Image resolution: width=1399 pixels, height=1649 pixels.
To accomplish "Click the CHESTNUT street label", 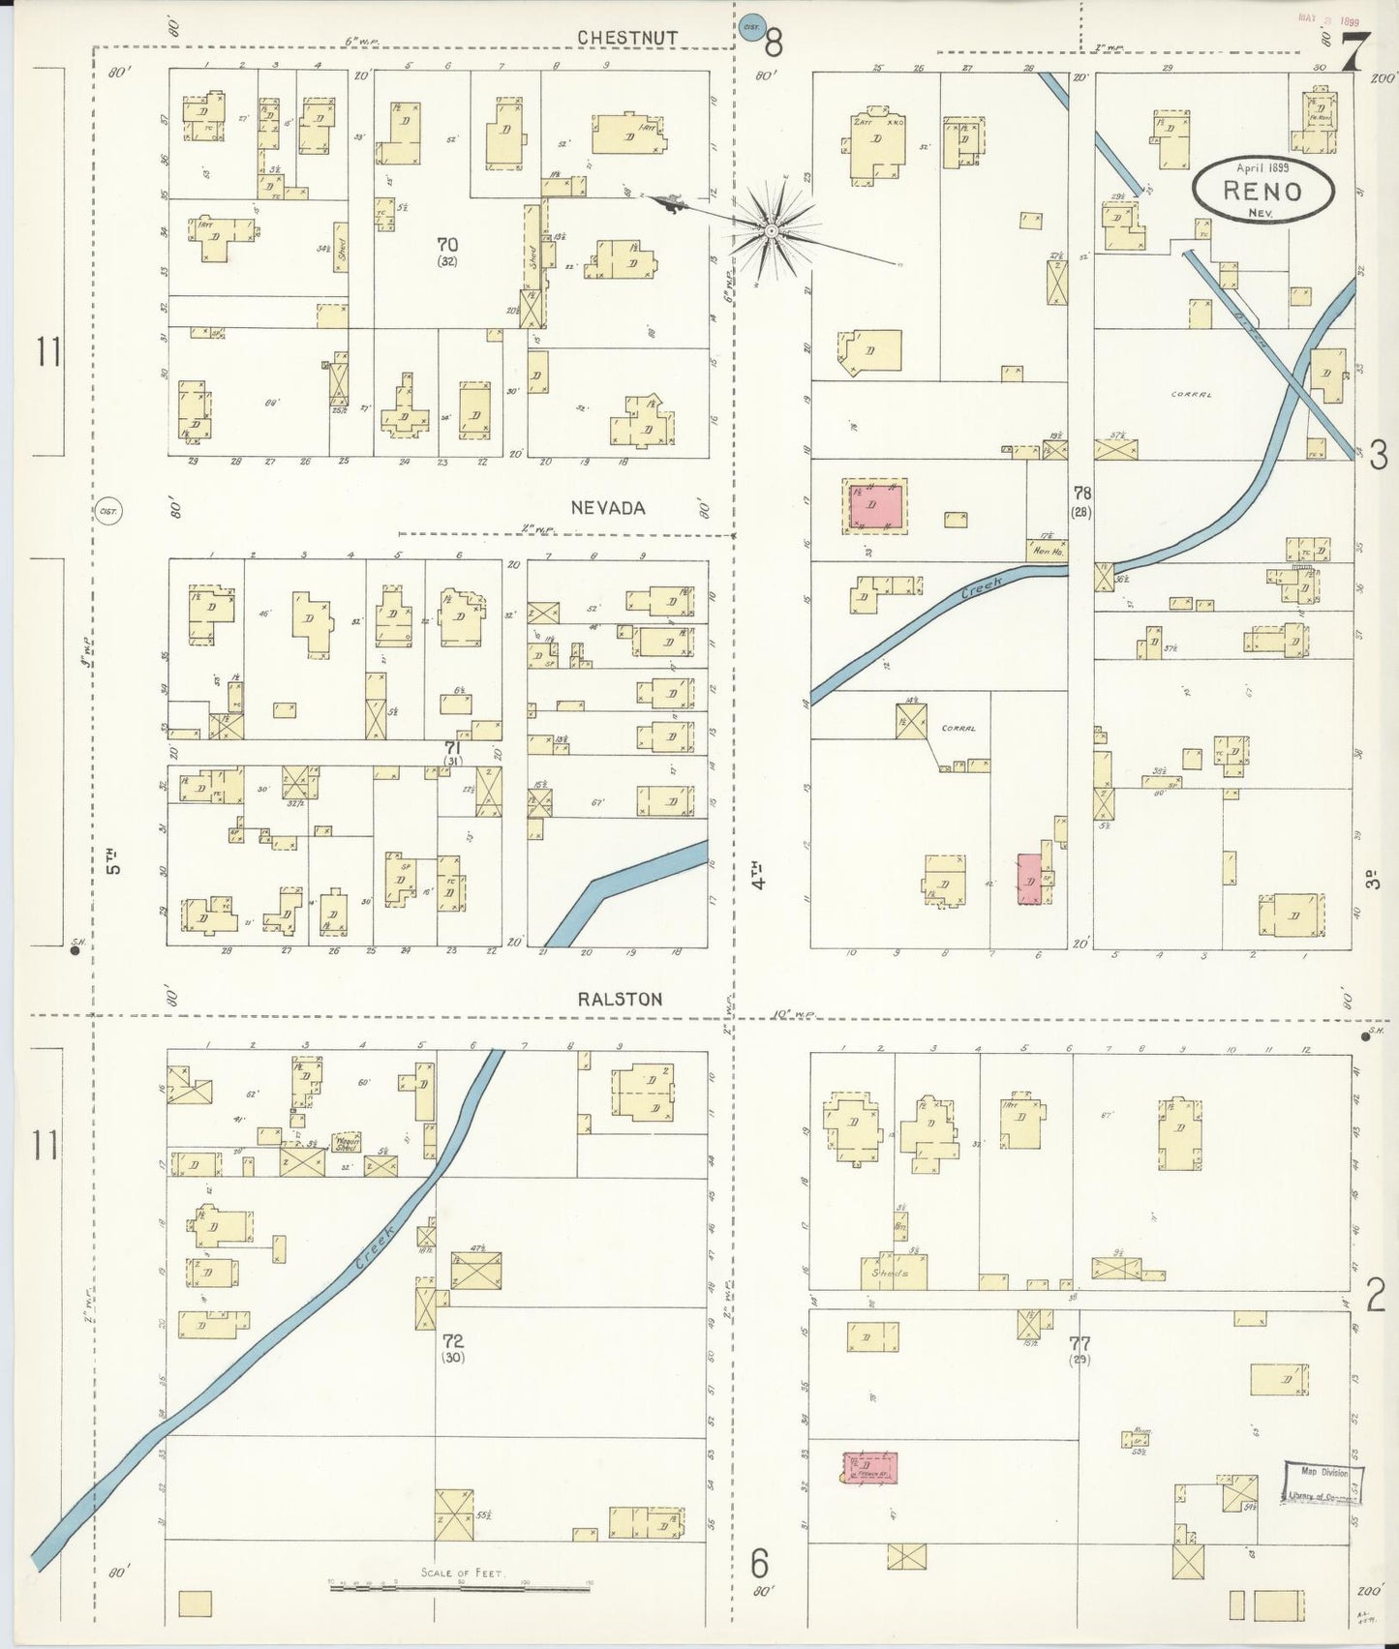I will (x=627, y=37).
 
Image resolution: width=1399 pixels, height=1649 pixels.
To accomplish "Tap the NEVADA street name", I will (x=607, y=507).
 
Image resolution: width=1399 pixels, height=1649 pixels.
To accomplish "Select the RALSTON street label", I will (x=620, y=999).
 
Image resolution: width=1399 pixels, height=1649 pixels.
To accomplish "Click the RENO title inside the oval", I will (x=1262, y=190).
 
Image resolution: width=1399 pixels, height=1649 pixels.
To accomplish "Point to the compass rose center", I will (x=771, y=231).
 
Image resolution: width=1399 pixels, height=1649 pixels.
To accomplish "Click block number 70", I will (x=446, y=245).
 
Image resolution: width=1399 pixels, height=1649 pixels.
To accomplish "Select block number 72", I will (x=452, y=1341).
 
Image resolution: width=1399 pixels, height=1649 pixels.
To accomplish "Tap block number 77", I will (x=1080, y=1343).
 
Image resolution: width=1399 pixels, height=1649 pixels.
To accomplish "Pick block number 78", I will (x=1081, y=494).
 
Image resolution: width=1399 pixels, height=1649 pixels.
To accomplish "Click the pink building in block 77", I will (x=869, y=1466).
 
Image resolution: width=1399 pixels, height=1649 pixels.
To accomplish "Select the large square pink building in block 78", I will (x=877, y=506).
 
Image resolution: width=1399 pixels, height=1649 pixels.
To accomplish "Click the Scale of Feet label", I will (x=461, y=1573).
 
